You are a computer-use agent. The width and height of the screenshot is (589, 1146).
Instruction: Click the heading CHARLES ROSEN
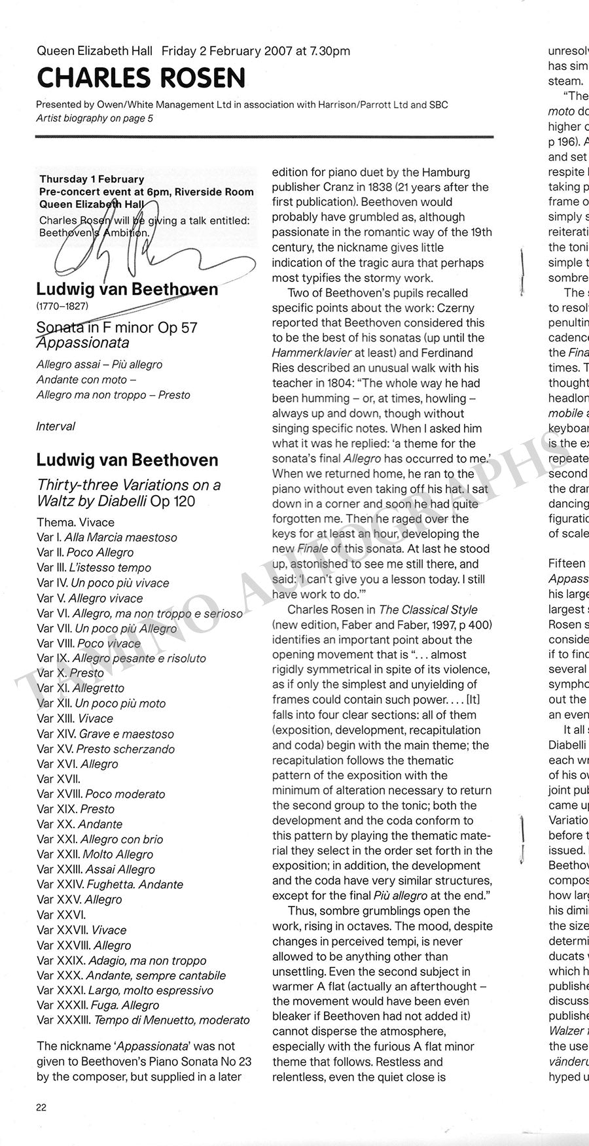[x=141, y=78]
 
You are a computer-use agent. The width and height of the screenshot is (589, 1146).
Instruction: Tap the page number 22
[x=41, y=1107]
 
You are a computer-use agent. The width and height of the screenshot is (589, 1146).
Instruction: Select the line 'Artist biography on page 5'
[x=94, y=118]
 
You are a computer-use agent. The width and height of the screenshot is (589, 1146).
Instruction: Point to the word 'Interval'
[x=56, y=426]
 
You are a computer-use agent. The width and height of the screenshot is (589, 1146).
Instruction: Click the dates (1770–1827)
[x=62, y=305]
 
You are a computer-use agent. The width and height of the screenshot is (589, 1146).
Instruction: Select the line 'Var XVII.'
[x=58, y=779]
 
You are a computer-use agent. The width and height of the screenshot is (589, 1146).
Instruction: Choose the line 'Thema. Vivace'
[x=75, y=523]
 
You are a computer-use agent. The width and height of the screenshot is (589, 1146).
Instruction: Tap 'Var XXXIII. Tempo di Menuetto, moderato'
[x=143, y=1020]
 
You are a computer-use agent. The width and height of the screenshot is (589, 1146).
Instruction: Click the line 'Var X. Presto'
[x=70, y=673]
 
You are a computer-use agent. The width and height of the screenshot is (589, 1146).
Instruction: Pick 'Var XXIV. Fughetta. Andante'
[x=110, y=884]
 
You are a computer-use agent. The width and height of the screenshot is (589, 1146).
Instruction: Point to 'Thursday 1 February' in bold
[x=92, y=179]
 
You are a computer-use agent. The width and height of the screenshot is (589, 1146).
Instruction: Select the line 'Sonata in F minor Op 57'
[x=116, y=327]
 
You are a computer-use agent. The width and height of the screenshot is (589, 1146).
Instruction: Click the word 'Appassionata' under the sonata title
[x=82, y=343]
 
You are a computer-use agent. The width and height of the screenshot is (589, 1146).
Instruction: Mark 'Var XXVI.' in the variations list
[x=61, y=914]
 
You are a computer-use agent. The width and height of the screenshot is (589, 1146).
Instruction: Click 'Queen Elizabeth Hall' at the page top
[x=94, y=51]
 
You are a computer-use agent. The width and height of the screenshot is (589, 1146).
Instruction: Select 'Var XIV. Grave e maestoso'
[x=105, y=734]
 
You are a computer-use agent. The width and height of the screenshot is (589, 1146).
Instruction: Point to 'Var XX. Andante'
[x=79, y=824]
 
